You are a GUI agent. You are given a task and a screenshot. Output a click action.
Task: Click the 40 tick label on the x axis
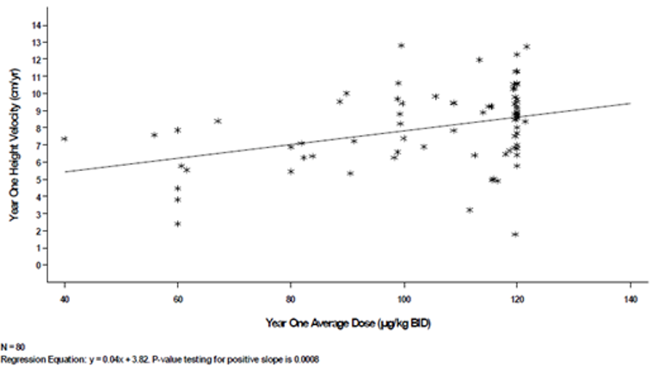[65, 298]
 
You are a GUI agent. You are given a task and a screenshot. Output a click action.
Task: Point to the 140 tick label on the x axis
[630, 298]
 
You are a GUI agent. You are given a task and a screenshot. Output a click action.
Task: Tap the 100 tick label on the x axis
[403, 298]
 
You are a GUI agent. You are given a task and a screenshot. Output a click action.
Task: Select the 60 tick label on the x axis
[177, 298]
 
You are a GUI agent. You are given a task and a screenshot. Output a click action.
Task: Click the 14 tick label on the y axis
[36, 25]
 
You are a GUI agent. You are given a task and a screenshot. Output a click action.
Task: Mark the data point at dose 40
[65, 138]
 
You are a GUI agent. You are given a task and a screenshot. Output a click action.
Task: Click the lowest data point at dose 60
[177, 223]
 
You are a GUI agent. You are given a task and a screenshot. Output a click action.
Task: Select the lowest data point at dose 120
[515, 234]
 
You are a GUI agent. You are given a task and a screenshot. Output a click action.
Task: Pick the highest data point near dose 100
[401, 45]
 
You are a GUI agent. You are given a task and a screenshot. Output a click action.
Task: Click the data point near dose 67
[218, 121]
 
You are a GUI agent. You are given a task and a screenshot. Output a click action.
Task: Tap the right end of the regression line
[630, 103]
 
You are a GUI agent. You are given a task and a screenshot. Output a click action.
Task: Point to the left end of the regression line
[65, 171]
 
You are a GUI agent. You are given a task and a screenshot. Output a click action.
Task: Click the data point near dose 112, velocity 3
[470, 210]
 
